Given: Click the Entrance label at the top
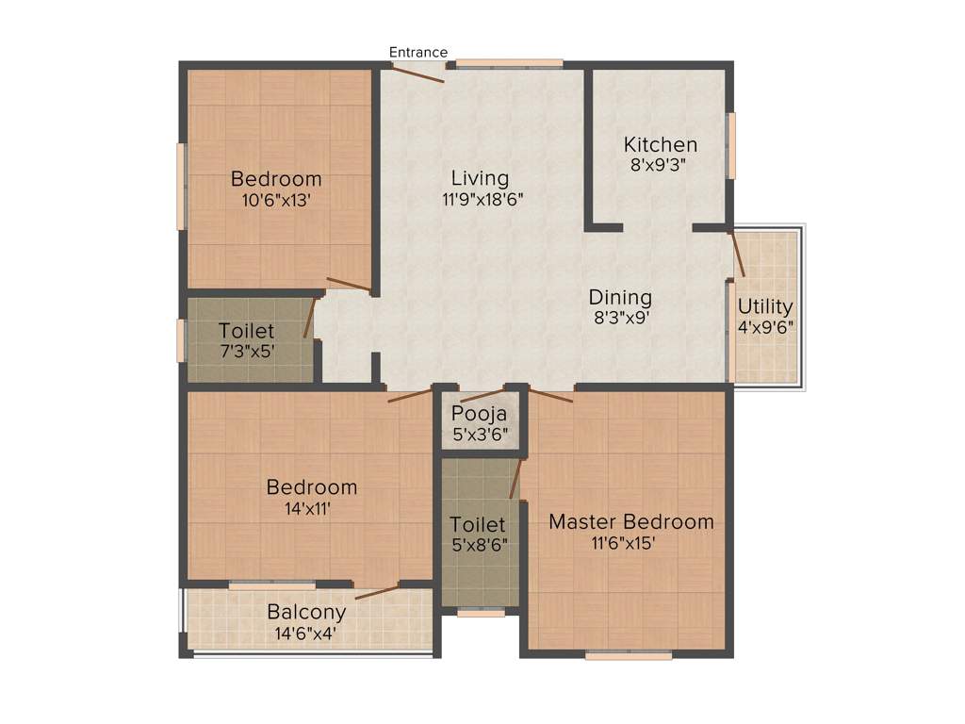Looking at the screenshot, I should (x=418, y=52).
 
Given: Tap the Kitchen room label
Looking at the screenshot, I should (x=661, y=144).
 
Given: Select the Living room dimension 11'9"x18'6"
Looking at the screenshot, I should (x=480, y=199).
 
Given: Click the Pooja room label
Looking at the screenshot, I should (x=479, y=413).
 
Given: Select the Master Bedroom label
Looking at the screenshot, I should (x=630, y=521).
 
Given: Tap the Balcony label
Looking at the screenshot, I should (x=306, y=612).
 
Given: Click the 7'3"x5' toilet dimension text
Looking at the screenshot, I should (x=246, y=352).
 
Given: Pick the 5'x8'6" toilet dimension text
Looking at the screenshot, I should (x=478, y=544).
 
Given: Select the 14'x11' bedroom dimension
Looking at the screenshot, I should (x=311, y=508).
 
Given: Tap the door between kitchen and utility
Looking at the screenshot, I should (x=739, y=253).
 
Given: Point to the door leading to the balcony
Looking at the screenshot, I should (x=377, y=592).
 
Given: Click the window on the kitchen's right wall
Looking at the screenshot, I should (x=730, y=144).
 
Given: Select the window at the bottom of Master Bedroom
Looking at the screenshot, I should (x=629, y=653).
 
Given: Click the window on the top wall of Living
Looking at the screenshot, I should (x=510, y=64).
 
